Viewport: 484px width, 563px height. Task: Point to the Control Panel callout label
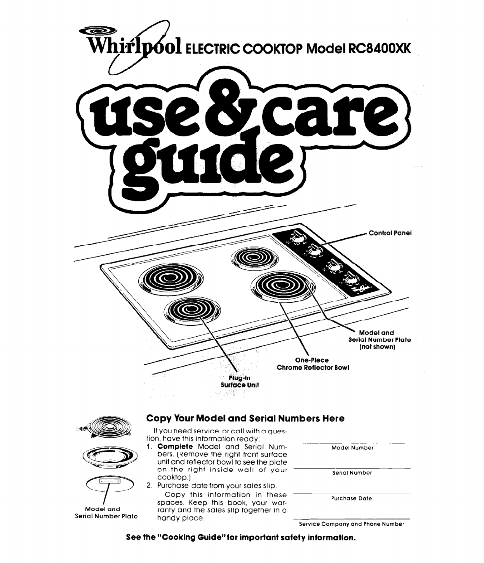click(x=390, y=233)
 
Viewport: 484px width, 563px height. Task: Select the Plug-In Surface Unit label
click(x=239, y=381)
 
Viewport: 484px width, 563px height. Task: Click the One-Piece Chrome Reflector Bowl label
click(x=312, y=364)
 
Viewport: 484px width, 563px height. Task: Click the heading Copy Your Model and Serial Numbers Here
click(x=245, y=419)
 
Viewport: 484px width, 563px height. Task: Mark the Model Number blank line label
click(x=352, y=448)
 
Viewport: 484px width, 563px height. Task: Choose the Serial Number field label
click(x=352, y=473)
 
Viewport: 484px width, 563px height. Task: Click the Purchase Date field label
click(x=351, y=499)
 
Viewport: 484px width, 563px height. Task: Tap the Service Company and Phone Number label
click(x=351, y=524)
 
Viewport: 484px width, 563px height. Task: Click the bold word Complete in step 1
click(x=175, y=447)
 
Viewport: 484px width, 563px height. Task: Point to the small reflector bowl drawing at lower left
click(x=110, y=458)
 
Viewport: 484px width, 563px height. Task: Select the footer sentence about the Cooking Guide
click(x=241, y=538)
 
